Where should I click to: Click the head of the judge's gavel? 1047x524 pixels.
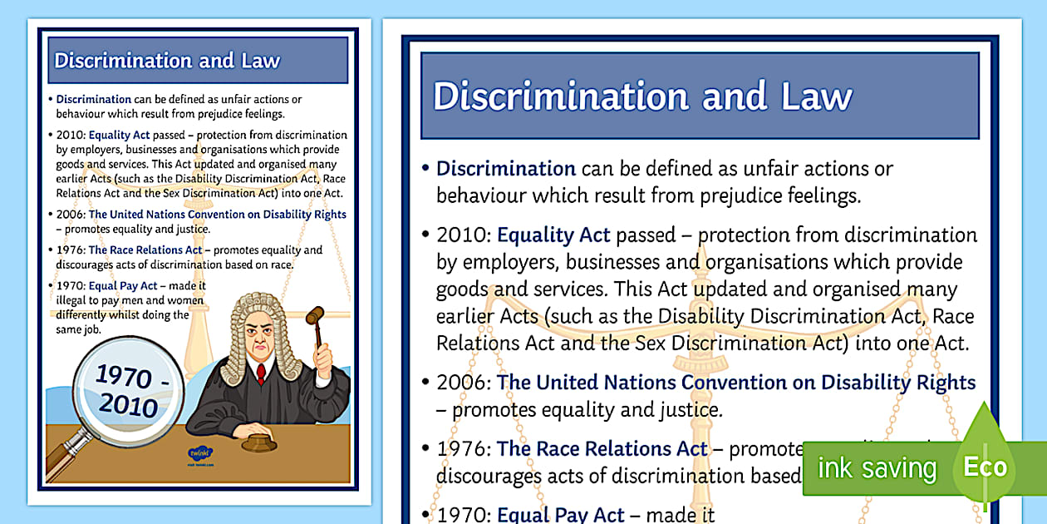point(315,315)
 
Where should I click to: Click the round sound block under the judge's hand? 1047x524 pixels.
point(258,439)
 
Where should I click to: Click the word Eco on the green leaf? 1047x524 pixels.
point(985,467)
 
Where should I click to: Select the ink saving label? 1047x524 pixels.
point(877,468)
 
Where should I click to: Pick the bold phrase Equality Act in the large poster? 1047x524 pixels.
point(553,235)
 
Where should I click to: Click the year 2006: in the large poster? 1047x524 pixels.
point(464,383)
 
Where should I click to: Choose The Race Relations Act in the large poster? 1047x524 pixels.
point(602,450)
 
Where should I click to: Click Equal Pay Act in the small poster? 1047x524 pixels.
point(122,286)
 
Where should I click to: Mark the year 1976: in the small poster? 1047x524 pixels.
point(70,250)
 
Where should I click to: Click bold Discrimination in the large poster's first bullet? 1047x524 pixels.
point(506,169)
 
